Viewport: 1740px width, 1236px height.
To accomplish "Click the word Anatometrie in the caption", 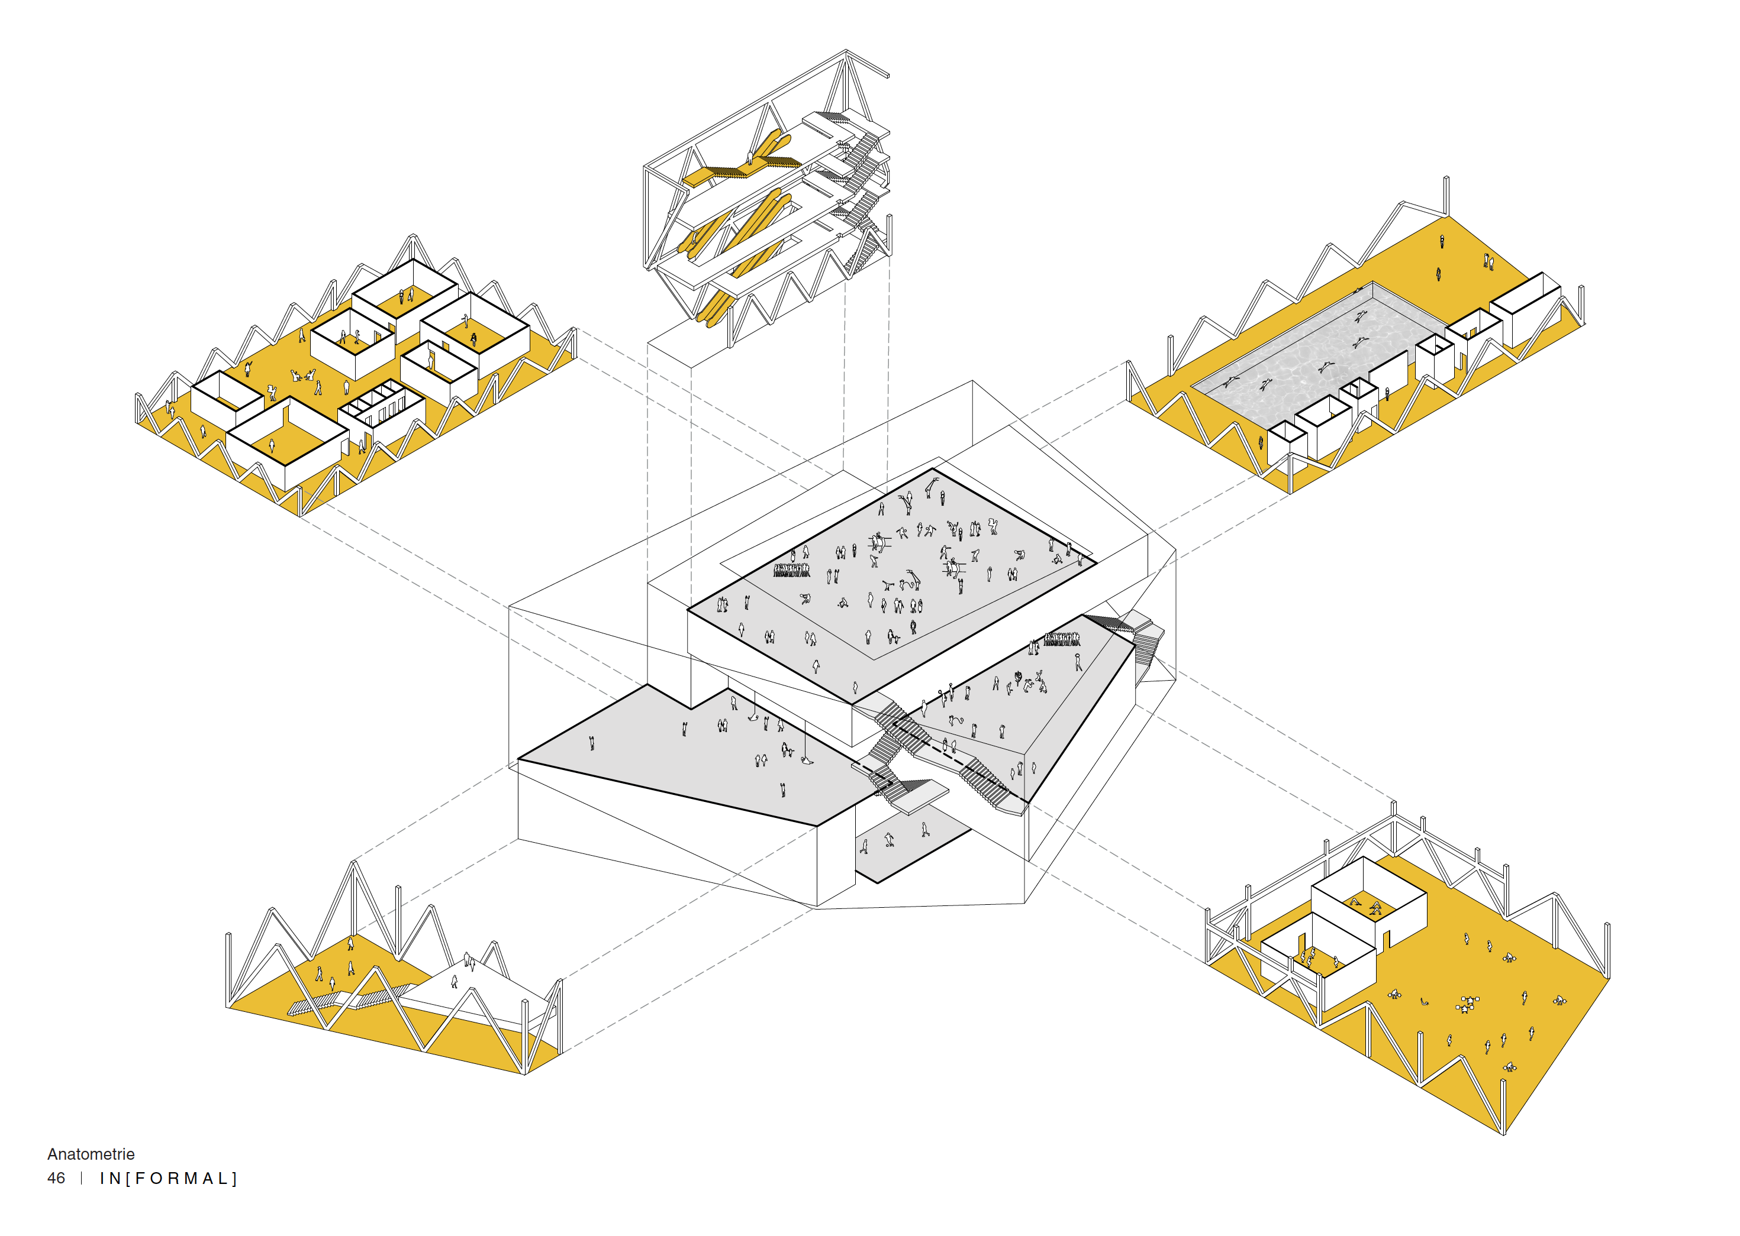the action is coord(91,1154).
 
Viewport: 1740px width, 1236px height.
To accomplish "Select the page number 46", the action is coord(56,1178).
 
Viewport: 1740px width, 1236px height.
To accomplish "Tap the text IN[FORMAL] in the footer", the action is coord(168,1178).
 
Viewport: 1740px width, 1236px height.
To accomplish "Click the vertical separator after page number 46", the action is coord(82,1178).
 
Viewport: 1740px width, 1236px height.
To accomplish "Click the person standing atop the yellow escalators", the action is coord(749,159).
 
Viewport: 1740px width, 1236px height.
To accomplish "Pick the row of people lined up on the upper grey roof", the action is coord(792,570).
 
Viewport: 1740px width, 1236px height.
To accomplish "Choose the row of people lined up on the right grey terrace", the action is coord(1062,639).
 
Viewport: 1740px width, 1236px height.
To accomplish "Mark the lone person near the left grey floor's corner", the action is coord(592,743).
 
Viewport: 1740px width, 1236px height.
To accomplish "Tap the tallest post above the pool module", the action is coord(1445,196).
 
